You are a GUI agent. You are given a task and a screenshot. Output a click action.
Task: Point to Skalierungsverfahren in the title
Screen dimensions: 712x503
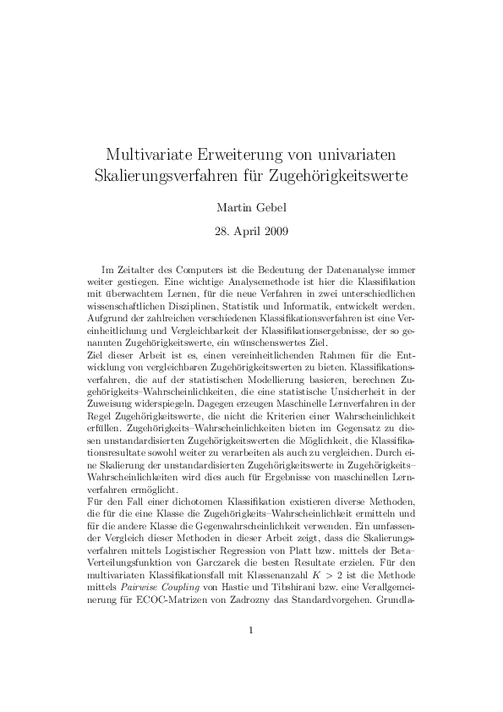click(x=176, y=178)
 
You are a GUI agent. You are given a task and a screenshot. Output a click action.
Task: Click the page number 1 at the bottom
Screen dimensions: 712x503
click(x=251, y=654)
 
